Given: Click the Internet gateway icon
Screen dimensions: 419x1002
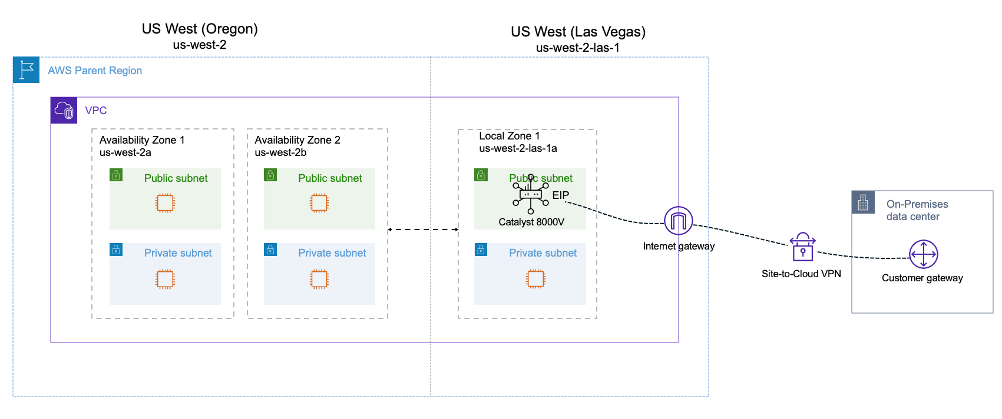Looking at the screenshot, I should click(x=678, y=221).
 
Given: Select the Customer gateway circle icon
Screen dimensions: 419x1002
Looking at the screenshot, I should click(x=923, y=255).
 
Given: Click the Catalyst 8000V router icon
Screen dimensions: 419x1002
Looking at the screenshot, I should click(x=530, y=195).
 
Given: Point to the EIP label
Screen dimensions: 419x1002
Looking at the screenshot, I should click(x=560, y=195).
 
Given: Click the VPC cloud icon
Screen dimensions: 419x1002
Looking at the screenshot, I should click(x=64, y=110).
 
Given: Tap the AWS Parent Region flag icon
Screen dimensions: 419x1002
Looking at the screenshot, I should click(x=26, y=70).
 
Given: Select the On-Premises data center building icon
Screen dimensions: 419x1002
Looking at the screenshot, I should click(x=863, y=202).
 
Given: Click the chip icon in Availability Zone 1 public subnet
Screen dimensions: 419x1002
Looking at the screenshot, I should click(x=165, y=203).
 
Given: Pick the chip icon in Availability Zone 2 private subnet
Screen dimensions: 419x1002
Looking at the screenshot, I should click(x=319, y=278).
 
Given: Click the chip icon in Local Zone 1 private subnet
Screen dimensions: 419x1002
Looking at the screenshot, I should click(x=535, y=278).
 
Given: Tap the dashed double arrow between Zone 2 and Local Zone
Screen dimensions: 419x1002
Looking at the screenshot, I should click(x=423, y=230).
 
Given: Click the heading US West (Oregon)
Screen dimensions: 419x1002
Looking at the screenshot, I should click(x=200, y=29).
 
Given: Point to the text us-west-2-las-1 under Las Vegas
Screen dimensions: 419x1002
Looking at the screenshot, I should click(x=577, y=48).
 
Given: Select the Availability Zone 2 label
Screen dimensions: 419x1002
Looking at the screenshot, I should click(x=297, y=140).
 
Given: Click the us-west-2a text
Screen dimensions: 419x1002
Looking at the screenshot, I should click(x=125, y=152).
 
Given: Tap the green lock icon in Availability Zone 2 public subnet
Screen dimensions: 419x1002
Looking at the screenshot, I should click(x=270, y=175).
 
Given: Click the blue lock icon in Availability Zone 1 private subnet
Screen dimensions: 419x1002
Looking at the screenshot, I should click(x=116, y=250).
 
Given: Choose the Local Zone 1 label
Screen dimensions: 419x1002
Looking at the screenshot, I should click(x=509, y=136).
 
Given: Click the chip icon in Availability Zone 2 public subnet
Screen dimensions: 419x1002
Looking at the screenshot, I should click(x=319, y=203).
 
